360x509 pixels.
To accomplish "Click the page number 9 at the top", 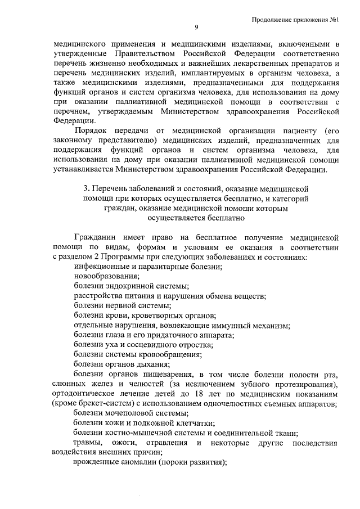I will coord(196,28).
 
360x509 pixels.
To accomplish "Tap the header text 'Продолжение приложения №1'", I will coord(299,19).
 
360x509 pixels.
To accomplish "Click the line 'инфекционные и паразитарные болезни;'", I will coord(147,267).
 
